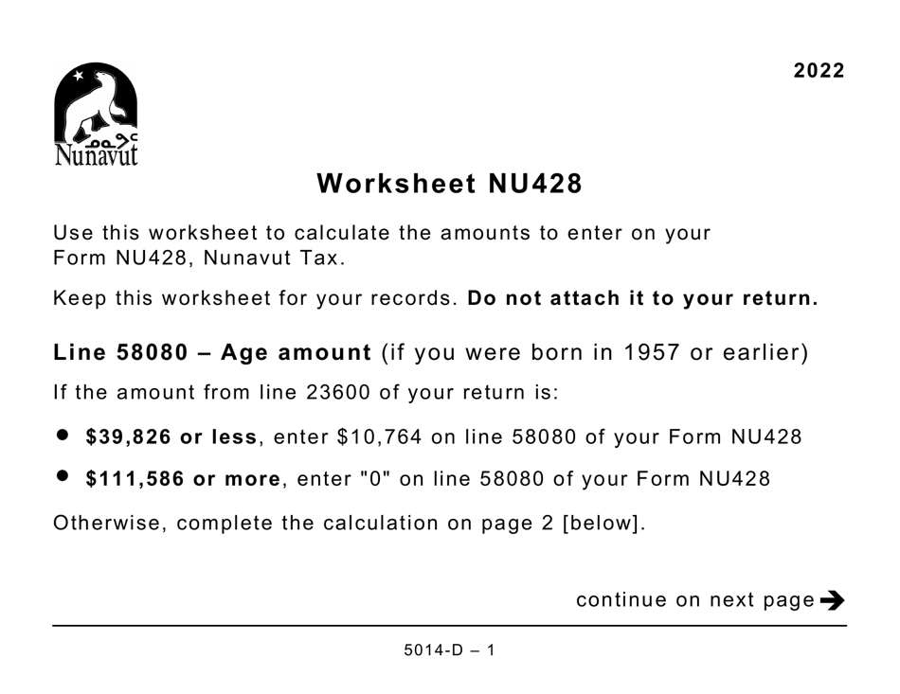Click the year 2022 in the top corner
[819, 71]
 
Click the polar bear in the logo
[96, 103]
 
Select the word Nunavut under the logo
[96, 153]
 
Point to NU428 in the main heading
[535, 184]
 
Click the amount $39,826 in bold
[124, 437]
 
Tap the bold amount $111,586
[131, 479]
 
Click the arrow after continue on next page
[833, 599]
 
